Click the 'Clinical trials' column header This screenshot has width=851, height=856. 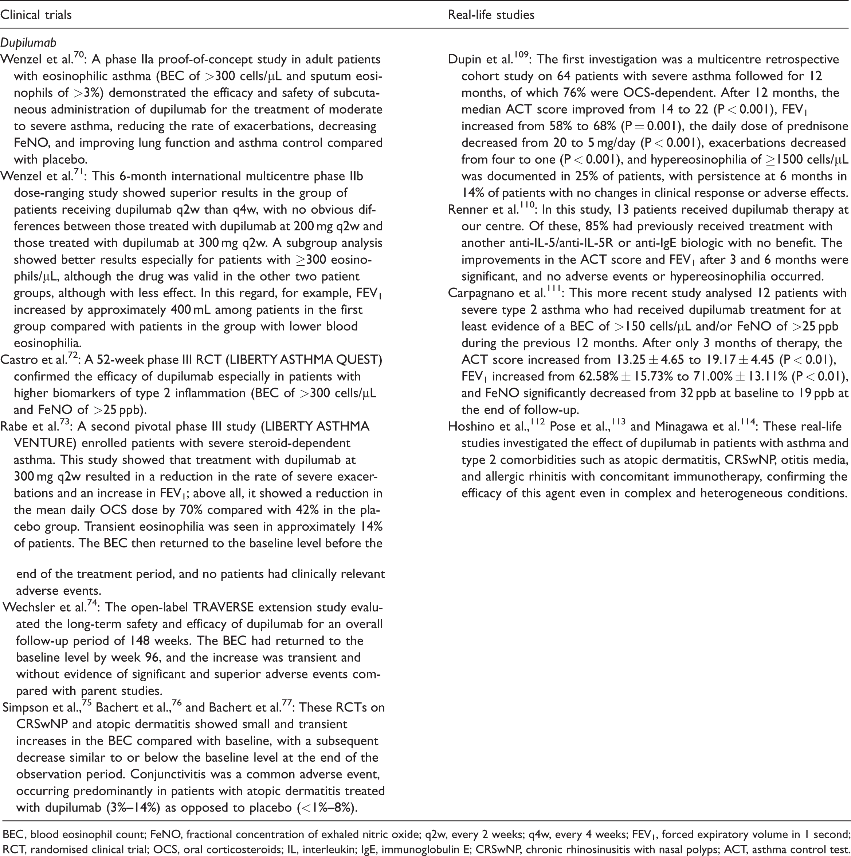(36, 15)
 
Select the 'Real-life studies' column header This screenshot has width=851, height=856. (491, 15)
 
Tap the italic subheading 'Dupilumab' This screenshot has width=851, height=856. (29, 43)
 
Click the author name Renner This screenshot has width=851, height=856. (466, 210)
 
